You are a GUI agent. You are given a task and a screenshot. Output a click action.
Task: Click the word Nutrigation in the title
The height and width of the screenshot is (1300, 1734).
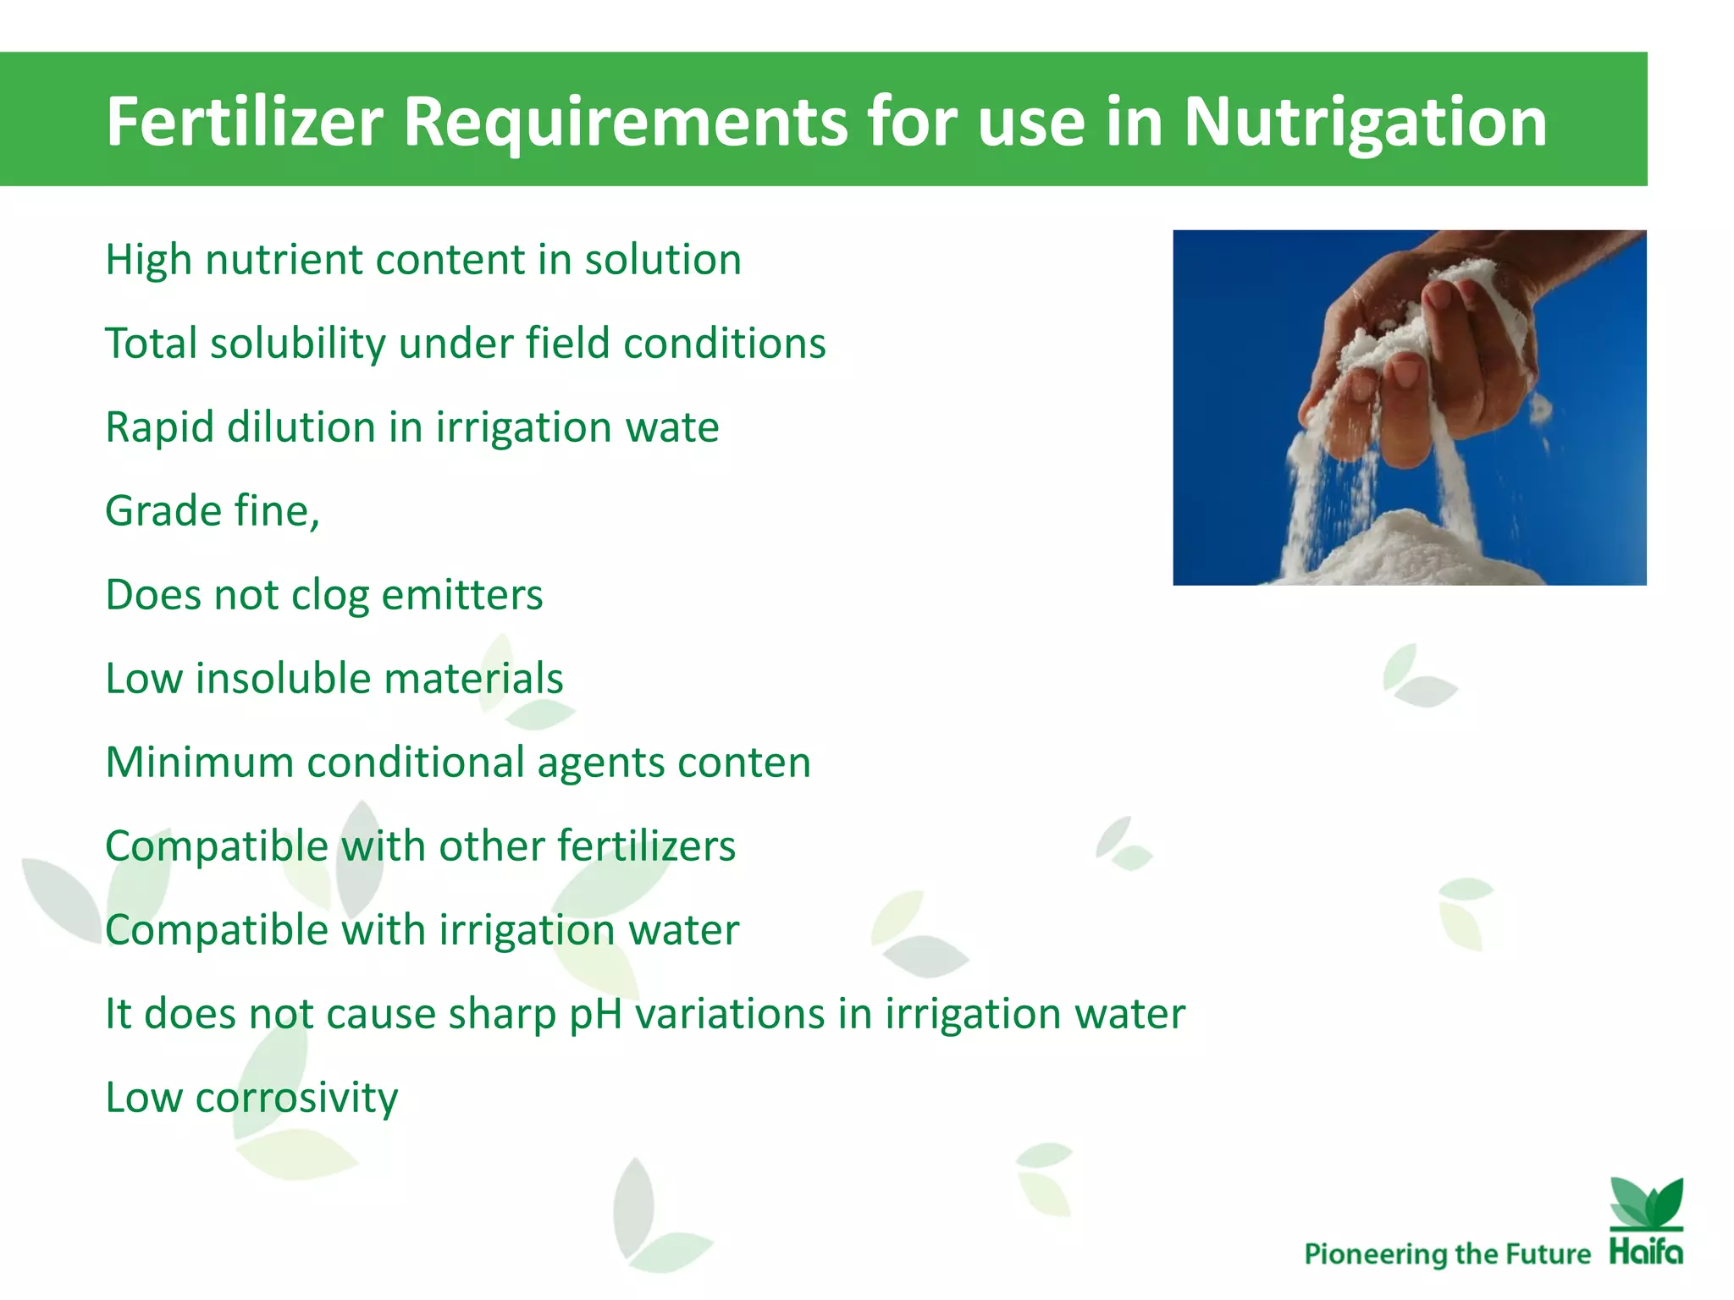[1364, 122]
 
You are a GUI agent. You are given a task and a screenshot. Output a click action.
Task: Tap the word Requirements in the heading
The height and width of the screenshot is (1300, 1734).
[625, 122]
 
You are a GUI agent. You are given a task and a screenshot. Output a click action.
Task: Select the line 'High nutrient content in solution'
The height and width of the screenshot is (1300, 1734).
[422, 260]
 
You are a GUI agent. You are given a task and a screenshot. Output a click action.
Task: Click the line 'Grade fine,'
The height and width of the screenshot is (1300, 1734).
[213, 511]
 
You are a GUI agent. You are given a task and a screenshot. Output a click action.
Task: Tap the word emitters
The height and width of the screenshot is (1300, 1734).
[461, 595]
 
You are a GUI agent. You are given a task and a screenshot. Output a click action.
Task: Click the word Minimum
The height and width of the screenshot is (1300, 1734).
[200, 763]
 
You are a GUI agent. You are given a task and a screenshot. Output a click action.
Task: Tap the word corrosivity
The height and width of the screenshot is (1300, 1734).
[296, 1098]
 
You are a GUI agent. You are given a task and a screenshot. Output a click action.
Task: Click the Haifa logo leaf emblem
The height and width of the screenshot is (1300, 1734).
[1647, 1203]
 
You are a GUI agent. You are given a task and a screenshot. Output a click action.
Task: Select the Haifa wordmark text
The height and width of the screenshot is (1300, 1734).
[1647, 1251]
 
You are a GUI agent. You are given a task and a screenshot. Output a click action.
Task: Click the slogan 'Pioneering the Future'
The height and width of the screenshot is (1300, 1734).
[1447, 1253]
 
